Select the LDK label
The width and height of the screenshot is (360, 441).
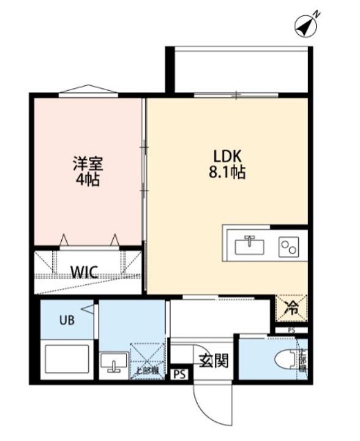(x=225, y=156)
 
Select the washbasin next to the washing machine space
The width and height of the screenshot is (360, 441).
(x=113, y=363)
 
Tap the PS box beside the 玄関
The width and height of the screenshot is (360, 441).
(x=179, y=373)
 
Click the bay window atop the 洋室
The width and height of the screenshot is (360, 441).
(x=89, y=90)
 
